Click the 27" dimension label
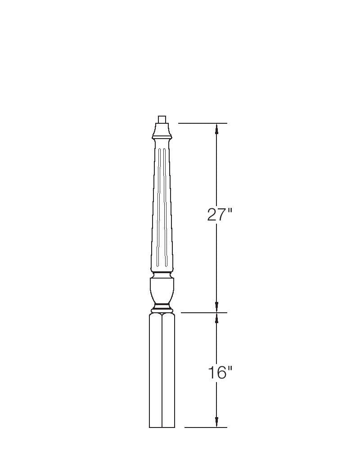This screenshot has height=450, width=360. click(219, 214)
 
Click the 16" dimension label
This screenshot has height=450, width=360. click(220, 373)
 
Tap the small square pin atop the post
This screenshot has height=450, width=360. click(162, 119)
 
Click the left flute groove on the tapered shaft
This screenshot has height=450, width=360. click(158, 207)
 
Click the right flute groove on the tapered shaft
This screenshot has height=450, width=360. click(165, 207)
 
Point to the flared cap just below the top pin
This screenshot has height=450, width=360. click(162, 130)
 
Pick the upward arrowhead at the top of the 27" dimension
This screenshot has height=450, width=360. click(217, 128)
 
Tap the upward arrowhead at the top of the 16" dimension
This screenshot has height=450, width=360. click(217, 318)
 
